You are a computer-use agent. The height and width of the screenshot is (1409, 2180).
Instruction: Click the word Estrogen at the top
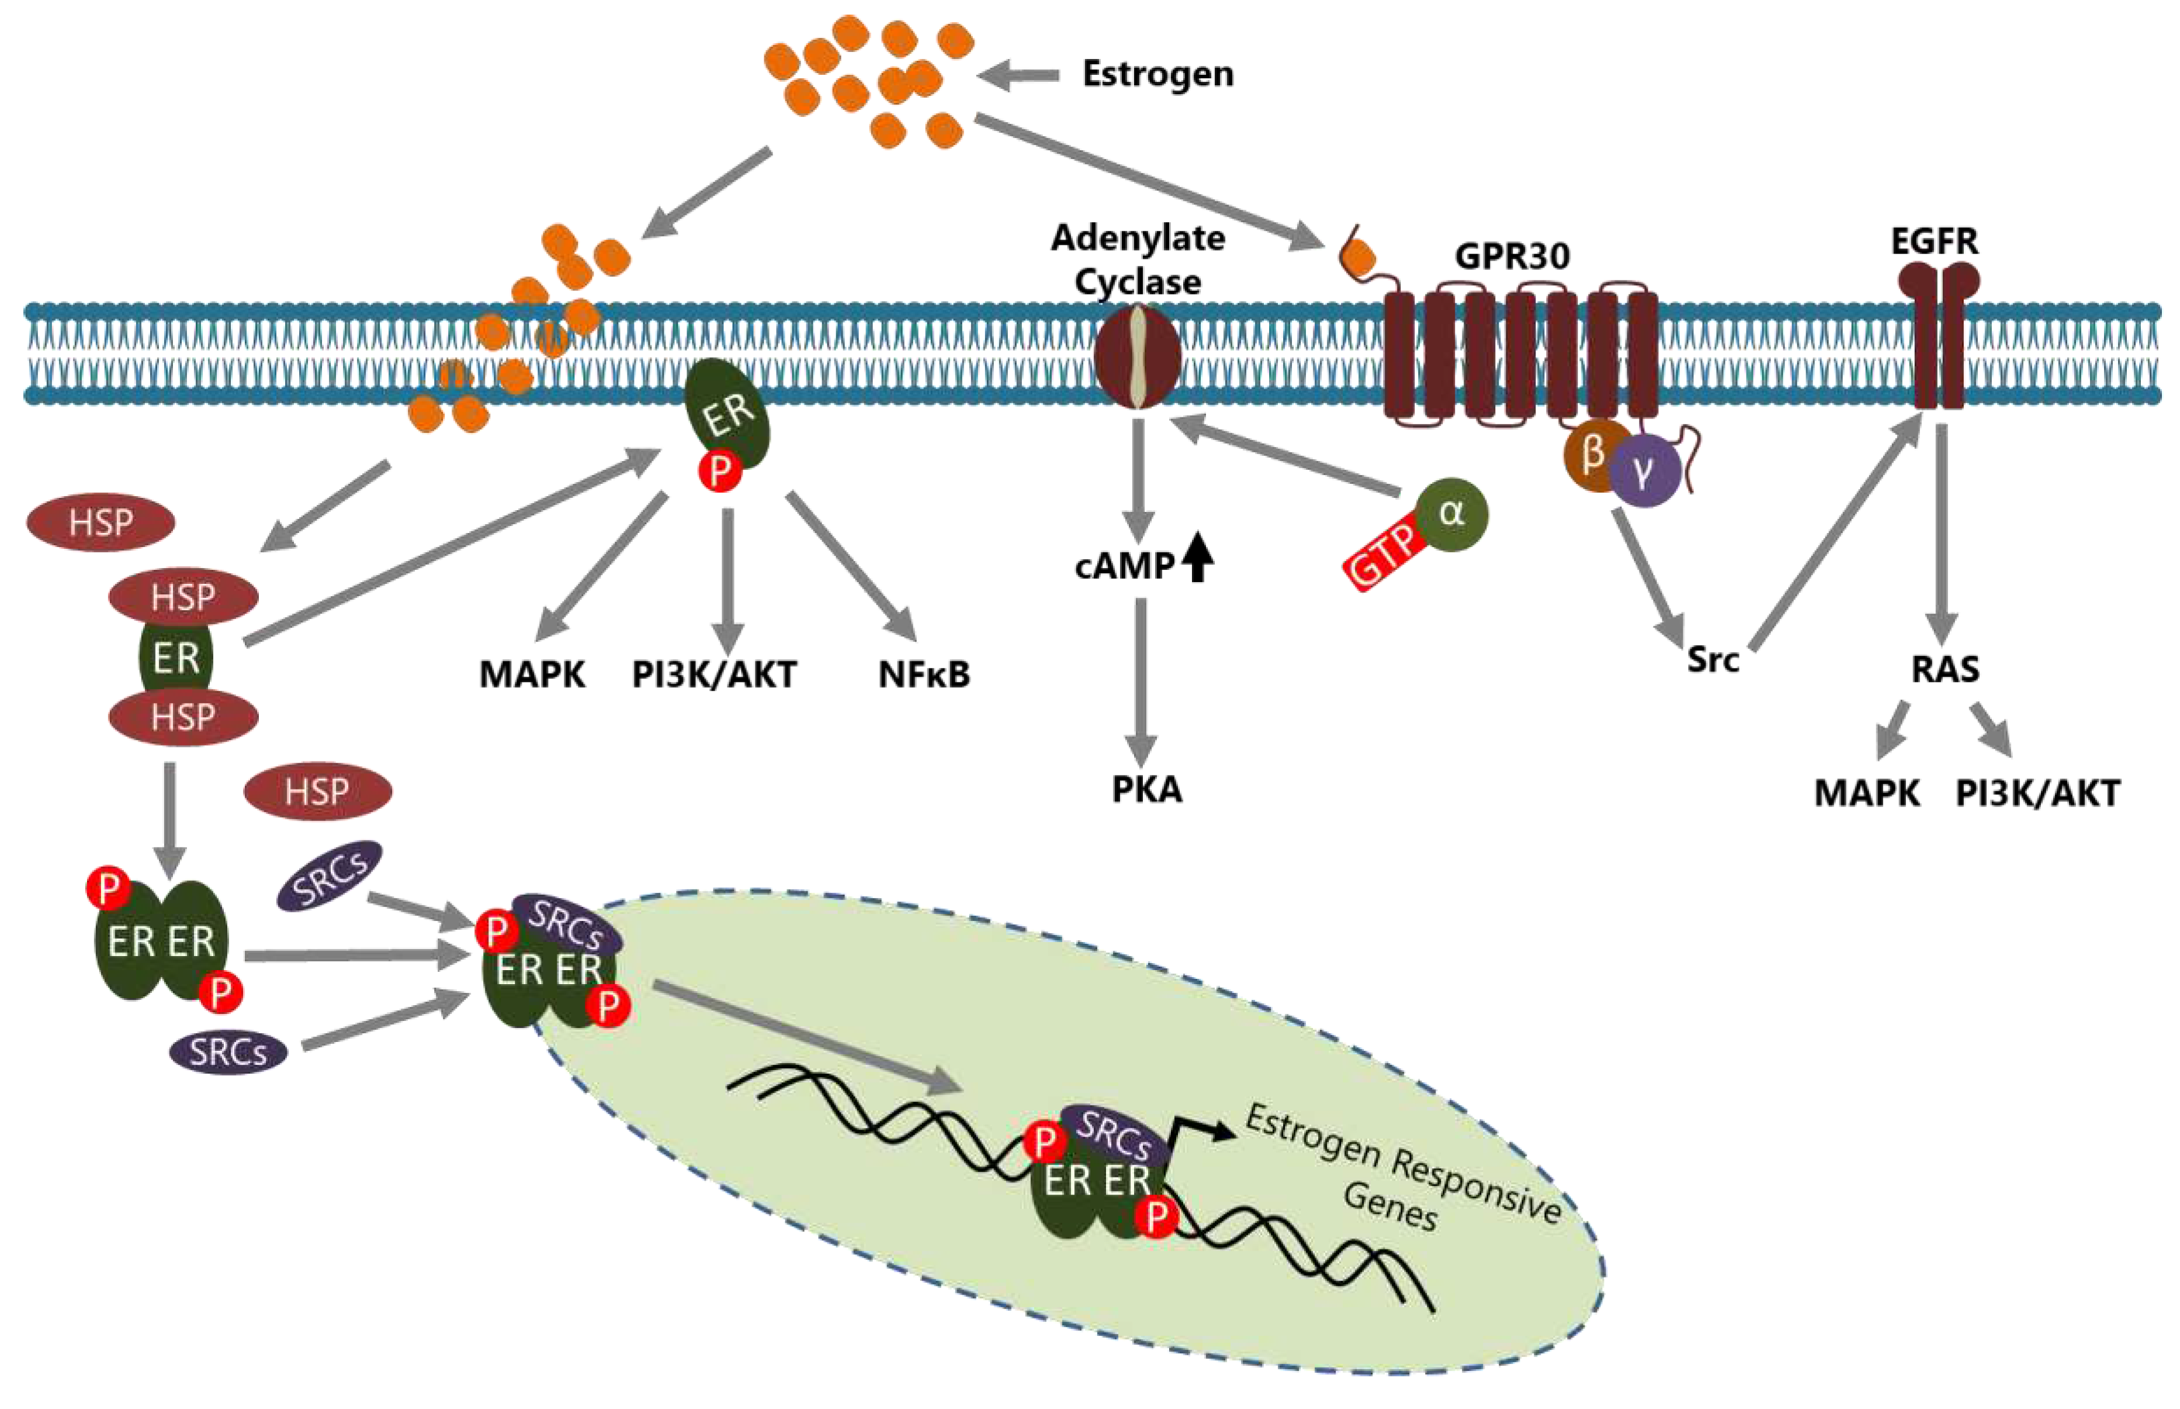click(x=1157, y=73)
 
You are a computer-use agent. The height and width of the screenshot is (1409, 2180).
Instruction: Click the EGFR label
click(x=1934, y=241)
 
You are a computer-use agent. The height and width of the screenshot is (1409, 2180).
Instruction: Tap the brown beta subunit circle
click(x=1596, y=455)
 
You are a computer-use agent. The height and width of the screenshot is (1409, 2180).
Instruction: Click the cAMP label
click(x=1124, y=566)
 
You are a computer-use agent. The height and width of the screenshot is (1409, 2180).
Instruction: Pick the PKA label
click(x=1146, y=789)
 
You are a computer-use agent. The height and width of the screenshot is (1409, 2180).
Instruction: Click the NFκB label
click(x=924, y=674)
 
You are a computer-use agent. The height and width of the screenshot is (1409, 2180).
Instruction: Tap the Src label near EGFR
click(x=1713, y=659)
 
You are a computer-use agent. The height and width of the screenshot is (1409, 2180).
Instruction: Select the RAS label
click(x=1945, y=669)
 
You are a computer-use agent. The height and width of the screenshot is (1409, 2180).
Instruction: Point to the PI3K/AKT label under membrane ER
click(x=713, y=674)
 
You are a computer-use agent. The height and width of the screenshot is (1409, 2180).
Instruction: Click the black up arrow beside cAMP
click(x=1197, y=559)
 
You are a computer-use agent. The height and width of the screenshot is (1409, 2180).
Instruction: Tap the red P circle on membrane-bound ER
click(x=720, y=471)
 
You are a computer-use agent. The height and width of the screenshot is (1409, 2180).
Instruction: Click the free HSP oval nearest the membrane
click(x=100, y=522)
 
